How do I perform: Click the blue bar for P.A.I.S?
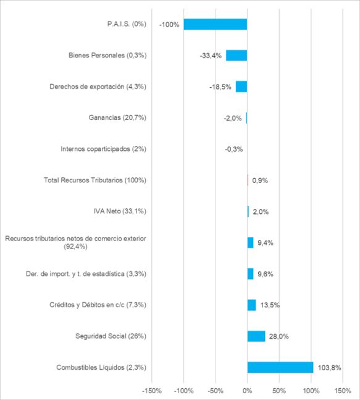pyautogui.click(x=216, y=24)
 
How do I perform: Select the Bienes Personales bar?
pyautogui.click(x=237, y=56)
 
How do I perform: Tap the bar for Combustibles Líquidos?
pyautogui.click(x=280, y=367)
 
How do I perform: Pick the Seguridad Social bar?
pyautogui.click(x=256, y=336)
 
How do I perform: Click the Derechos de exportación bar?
pyautogui.click(x=241, y=87)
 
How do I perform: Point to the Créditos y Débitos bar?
pyautogui.click(x=252, y=305)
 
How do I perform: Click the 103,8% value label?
pyautogui.click(x=329, y=368)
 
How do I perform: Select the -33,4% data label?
pyautogui.click(x=211, y=56)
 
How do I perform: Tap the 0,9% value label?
pyautogui.click(x=260, y=181)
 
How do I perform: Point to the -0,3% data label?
pyautogui.click(x=233, y=149)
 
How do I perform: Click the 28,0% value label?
pyautogui.click(x=278, y=336)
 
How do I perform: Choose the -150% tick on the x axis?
pyautogui.click(x=152, y=391)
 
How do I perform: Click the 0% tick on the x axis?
pyautogui.click(x=247, y=391)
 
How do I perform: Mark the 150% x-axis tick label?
pyautogui.click(x=343, y=391)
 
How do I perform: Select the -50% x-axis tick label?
pyautogui.click(x=216, y=391)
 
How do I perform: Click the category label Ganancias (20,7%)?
pyautogui.click(x=117, y=117)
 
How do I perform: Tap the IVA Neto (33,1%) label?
pyautogui.click(x=120, y=211)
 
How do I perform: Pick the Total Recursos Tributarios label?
pyautogui.click(x=95, y=180)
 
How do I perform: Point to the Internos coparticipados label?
pyautogui.click(x=104, y=149)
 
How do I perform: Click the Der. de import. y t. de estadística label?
pyautogui.click(x=86, y=274)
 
